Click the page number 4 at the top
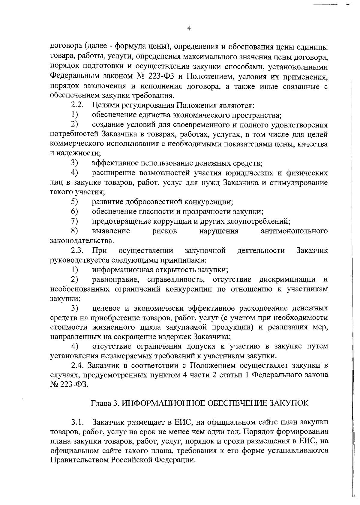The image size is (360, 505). tap(189, 28)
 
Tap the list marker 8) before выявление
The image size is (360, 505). tap(75, 231)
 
